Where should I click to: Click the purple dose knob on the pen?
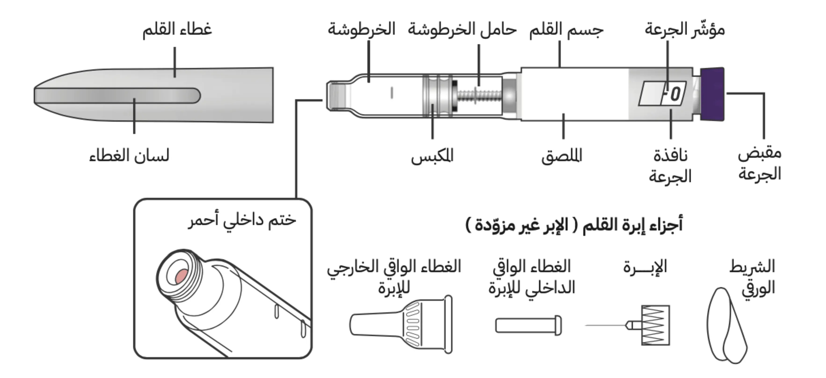(712, 94)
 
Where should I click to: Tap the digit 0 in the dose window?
(675, 94)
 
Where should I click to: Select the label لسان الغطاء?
(129, 156)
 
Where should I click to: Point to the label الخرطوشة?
(361, 29)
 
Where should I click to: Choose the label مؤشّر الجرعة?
(685, 29)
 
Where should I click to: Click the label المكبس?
(432, 156)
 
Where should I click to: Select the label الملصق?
(562, 156)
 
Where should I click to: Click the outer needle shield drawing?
(401, 324)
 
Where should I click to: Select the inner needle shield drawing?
(528, 325)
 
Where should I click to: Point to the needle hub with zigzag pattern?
(655, 325)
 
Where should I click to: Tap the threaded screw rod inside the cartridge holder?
(479, 96)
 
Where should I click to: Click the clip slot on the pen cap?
(117, 96)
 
